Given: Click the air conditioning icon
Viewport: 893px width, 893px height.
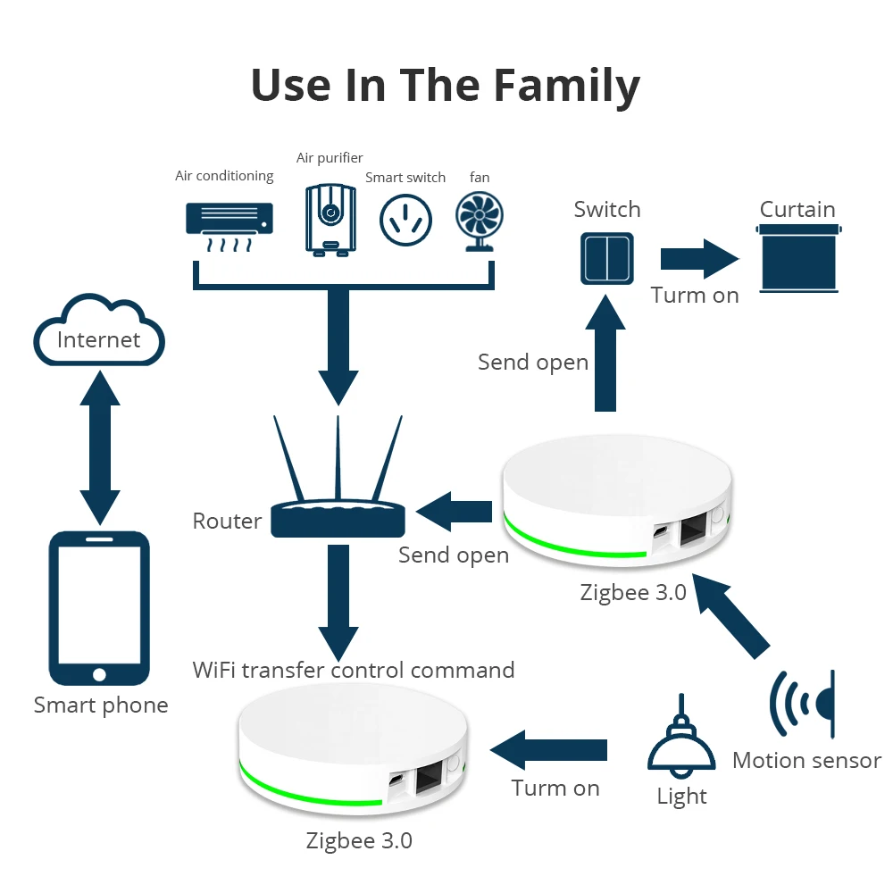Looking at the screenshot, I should (229, 222).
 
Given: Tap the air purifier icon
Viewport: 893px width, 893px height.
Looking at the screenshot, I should (330, 219).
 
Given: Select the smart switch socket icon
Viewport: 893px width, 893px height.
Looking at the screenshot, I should (405, 219).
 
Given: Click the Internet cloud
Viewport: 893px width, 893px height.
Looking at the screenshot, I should (99, 338).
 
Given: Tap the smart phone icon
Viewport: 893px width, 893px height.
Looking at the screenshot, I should (99, 608).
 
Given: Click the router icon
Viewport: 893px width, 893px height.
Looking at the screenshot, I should (338, 500).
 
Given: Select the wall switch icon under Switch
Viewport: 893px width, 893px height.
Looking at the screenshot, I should (607, 257).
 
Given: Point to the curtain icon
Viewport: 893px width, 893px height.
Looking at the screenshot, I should (797, 258).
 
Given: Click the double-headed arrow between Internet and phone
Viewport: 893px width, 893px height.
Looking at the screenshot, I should (99, 446).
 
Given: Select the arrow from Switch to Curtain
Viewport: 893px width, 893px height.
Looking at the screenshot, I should (699, 258).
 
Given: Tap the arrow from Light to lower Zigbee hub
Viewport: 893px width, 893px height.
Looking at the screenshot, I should (549, 748).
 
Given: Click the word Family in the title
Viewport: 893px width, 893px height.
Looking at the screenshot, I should (567, 86).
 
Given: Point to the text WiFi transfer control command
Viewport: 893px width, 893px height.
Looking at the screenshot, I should (354, 670).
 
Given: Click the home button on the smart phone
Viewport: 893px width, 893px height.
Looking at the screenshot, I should (99, 674).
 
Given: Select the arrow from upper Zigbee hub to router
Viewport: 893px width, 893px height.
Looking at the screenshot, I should (455, 512).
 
